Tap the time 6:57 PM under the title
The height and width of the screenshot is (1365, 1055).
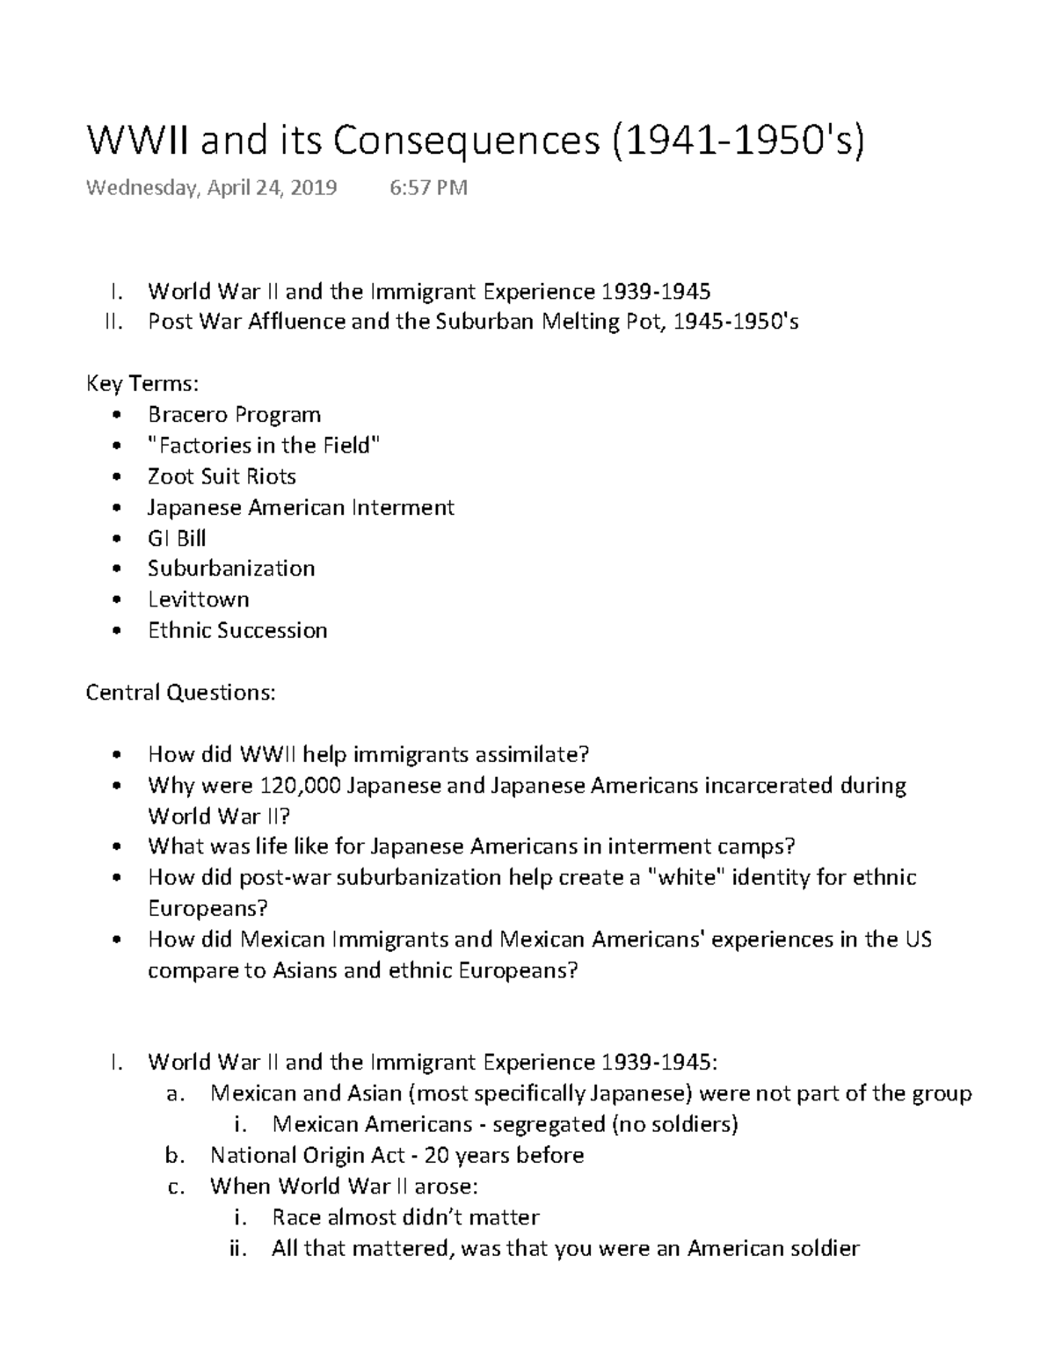tap(428, 188)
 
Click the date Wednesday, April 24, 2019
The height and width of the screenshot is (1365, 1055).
tap(211, 188)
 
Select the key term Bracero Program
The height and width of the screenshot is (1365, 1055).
tap(234, 415)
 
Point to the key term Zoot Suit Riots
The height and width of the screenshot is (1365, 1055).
tap(222, 476)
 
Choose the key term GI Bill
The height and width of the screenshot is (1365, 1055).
tap(177, 538)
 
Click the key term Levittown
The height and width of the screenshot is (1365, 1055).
tap(199, 599)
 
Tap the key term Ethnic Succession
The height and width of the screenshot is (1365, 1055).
tap(237, 630)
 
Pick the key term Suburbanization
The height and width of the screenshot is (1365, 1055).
tap(231, 569)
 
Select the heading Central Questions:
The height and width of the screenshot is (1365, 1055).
tap(180, 693)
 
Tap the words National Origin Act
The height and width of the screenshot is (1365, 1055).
tap(307, 1155)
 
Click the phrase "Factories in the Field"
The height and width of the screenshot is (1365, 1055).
tap(264, 446)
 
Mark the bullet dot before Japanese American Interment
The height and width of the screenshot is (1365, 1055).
tap(118, 508)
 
